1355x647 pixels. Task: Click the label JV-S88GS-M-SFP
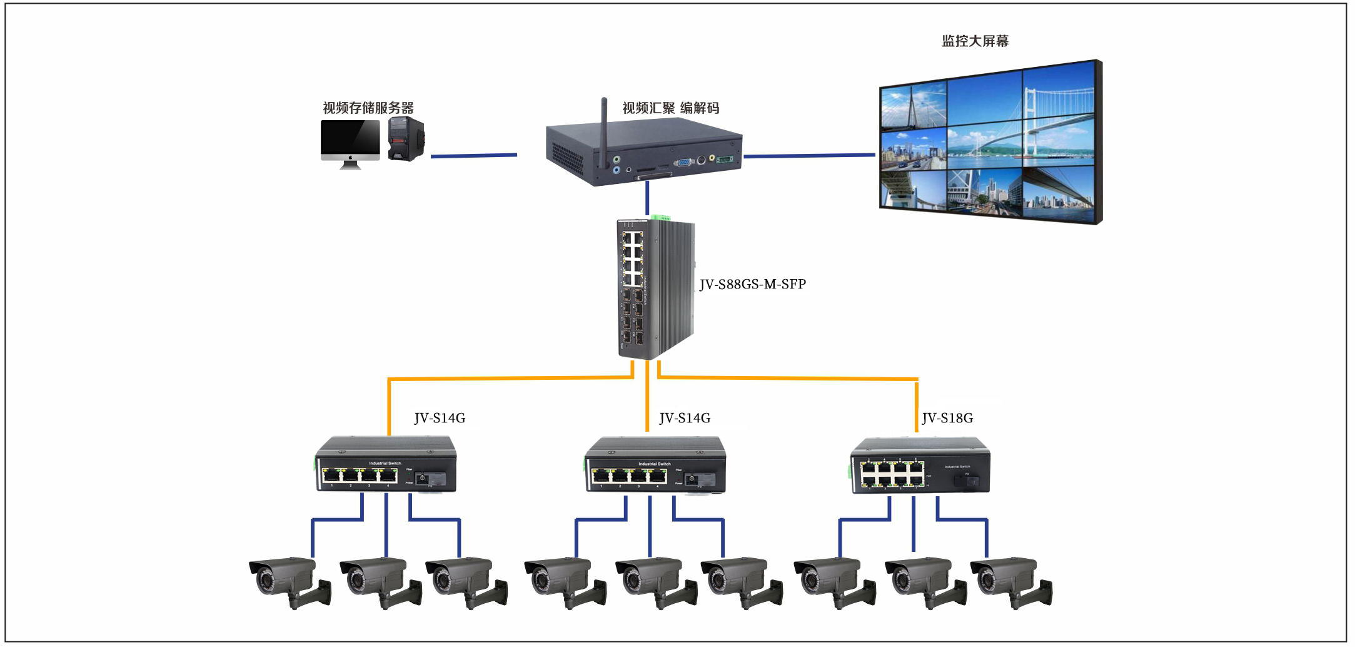pos(752,284)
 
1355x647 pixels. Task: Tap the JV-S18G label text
pos(947,418)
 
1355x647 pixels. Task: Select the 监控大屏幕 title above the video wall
pos(975,41)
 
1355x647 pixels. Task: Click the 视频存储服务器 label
pos(368,108)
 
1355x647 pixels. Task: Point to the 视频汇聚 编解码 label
pos(670,108)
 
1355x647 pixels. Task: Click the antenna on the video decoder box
pos(604,131)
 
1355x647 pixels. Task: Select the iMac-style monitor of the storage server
pos(350,143)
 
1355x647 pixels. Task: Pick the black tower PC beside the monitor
pos(406,139)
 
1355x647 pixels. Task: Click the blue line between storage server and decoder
pos(473,155)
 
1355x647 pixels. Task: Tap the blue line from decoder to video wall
pos(809,155)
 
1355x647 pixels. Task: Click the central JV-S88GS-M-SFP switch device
pos(655,289)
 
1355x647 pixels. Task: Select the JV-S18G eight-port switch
pos(920,466)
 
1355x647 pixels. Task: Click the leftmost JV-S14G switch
pos(386,465)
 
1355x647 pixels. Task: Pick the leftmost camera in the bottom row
pos(289,580)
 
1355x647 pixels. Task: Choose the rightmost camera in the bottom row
pos(1010,580)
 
